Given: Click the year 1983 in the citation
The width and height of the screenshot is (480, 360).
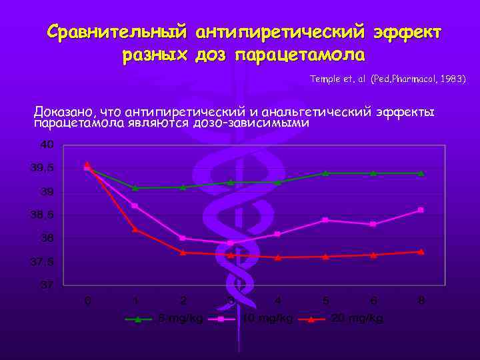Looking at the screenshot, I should click(451, 79).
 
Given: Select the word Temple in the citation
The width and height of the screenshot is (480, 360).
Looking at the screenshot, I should click(325, 79).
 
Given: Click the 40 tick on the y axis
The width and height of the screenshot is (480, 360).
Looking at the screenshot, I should click(47, 145).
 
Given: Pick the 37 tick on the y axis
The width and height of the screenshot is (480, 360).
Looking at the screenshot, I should click(47, 285).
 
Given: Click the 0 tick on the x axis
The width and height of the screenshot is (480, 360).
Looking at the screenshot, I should click(87, 301).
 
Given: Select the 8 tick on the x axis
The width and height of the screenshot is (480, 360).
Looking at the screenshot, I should click(421, 301).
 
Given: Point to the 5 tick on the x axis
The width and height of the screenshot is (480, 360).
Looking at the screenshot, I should click(325, 301).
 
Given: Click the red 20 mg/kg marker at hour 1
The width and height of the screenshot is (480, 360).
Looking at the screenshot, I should click(135, 229).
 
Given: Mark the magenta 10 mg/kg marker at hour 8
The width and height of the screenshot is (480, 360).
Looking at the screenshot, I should click(421, 210).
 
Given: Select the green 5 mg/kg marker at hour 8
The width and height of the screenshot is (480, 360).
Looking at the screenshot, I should click(421, 173).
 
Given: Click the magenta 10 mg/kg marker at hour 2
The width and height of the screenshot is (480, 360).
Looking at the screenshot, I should click(183, 238).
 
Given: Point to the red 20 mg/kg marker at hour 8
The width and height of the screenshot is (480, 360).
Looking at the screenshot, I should click(421, 251).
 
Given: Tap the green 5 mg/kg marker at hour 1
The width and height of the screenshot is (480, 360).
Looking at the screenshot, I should click(135, 187).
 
